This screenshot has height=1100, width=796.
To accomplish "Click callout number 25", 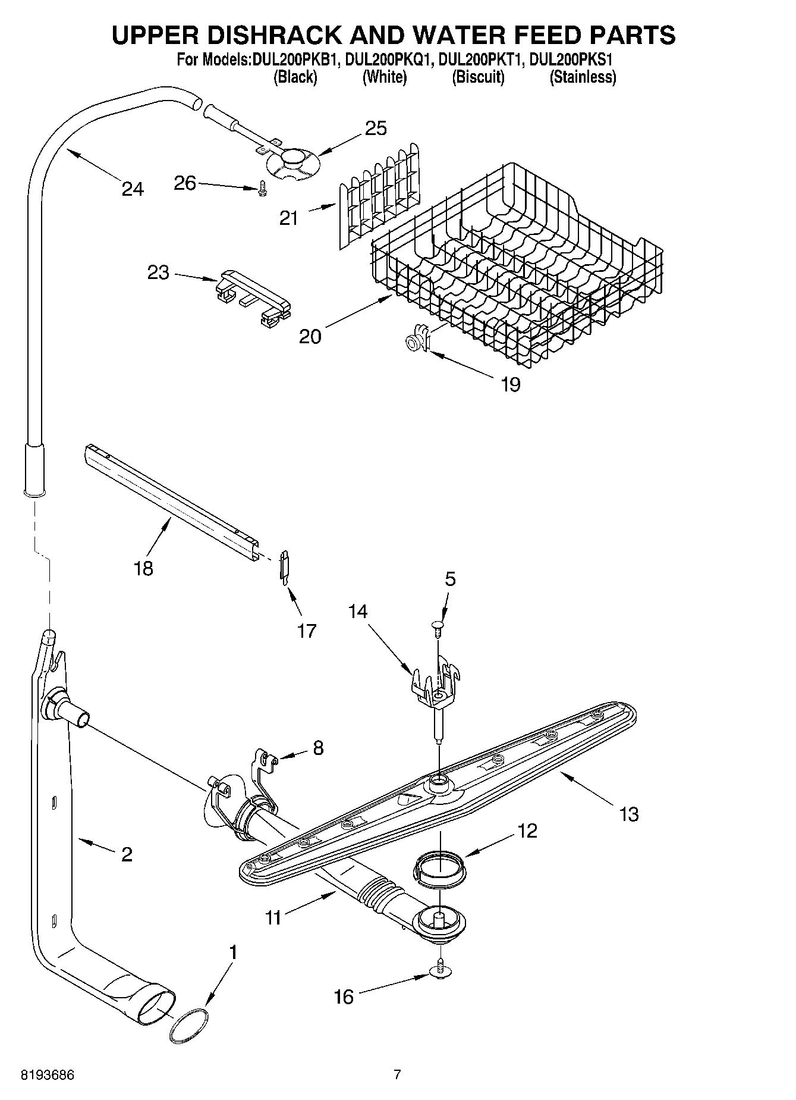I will tap(376, 128).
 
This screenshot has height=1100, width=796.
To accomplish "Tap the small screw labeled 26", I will tap(262, 190).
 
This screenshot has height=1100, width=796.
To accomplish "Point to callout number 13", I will tap(628, 813).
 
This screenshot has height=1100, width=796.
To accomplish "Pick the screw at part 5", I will tap(438, 627).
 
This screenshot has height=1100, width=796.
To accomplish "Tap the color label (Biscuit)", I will tap(478, 77).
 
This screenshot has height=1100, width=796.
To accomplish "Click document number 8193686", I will tap(48, 1074).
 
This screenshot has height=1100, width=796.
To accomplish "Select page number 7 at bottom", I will tap(397, 1074).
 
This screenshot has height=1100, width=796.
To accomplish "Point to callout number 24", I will tap(133, 189).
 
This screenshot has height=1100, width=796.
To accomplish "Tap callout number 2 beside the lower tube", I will tap(126, 854).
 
